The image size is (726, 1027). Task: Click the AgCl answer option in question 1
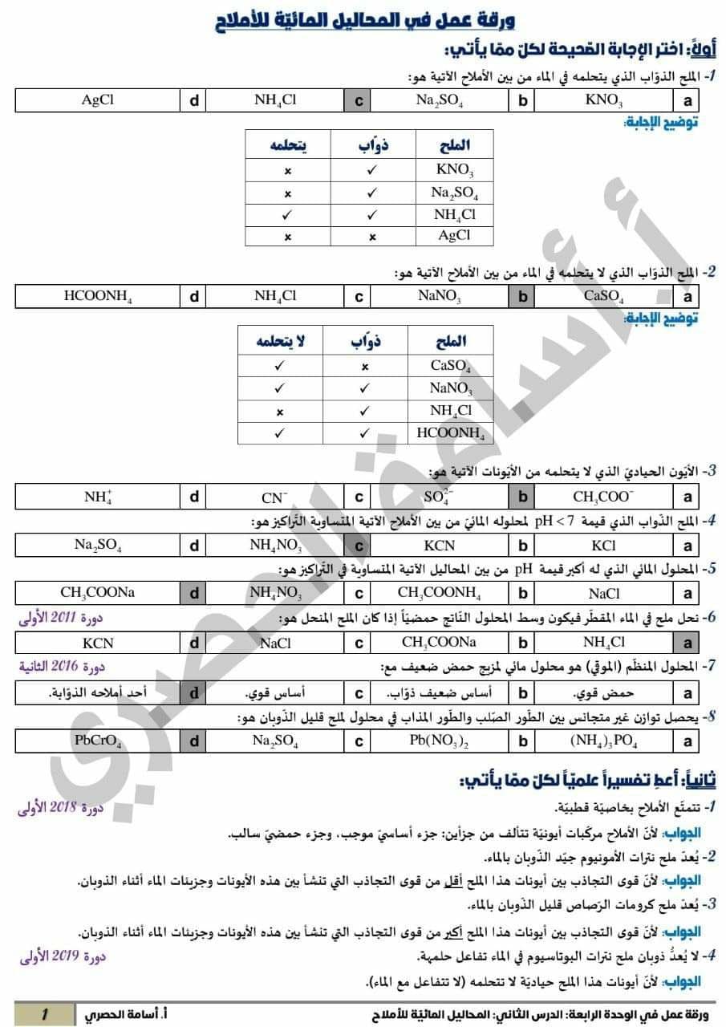98,100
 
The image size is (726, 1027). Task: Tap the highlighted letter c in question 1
359,101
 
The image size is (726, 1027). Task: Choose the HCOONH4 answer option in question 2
98,296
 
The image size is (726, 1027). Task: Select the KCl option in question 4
603,546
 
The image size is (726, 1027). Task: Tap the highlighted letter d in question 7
194,692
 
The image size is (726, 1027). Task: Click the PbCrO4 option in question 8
98,741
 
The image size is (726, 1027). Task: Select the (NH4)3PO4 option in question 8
603,741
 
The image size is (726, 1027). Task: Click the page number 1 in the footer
45,1014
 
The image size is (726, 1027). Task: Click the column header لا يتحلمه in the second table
280,341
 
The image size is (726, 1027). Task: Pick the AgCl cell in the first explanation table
454,236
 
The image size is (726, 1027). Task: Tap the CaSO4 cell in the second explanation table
450,366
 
